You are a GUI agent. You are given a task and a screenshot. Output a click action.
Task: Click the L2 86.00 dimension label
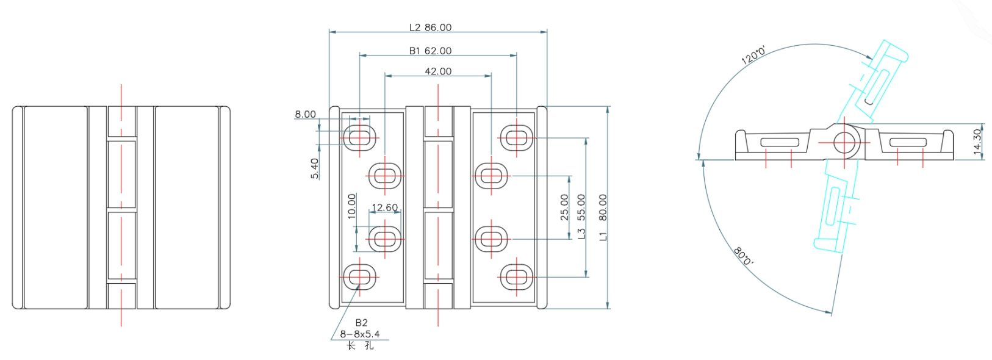pos(430,27)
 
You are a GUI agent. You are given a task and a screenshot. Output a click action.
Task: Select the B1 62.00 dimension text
pos(430,51)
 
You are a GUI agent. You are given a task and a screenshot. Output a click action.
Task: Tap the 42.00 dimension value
pos(438,71)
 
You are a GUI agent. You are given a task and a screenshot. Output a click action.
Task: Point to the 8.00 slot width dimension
pos(305,114)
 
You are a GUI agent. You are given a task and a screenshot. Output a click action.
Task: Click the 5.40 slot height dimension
pos(315,168)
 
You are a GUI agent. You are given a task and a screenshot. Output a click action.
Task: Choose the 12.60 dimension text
pos(384,207)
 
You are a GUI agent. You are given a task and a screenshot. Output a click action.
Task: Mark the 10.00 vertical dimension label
pos(351,206)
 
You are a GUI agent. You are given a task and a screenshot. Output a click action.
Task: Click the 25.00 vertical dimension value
pos(564,207)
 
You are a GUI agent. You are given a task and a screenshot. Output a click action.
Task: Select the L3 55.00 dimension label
pos(581,216)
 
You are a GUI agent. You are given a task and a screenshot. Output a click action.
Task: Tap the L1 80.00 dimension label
pos(603,217)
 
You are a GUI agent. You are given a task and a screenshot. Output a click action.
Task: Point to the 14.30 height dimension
pos(977,142)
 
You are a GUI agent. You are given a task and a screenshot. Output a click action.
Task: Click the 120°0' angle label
pos(753,56)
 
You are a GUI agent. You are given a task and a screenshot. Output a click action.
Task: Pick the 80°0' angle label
pos(743,256)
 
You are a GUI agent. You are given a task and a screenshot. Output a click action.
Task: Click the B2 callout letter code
pos(361,323)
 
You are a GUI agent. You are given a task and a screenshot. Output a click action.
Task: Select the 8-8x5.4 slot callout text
pos(360,334)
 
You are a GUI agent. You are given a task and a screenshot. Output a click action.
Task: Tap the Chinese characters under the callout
pos(360,345)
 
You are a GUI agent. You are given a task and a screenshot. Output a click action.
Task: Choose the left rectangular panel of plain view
pos(56,207)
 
